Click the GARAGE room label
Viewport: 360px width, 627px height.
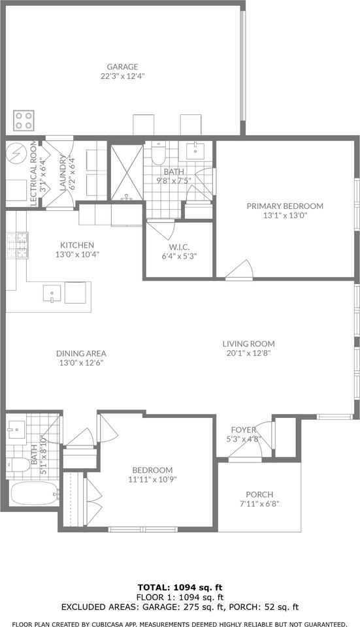pyautogui.click(x=123, y=67)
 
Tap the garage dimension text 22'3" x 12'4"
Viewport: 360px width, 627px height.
pyautogui.click(x=123, y=76)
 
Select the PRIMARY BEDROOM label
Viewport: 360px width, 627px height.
pyautogui.click(x=285, y=206)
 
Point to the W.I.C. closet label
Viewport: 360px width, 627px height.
pyautogui.click(x=178, y=246)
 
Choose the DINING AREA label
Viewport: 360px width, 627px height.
pyautogui.click(x=80, y=353)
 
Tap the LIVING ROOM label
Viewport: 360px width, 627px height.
pyautogui.click(x=248, y=344)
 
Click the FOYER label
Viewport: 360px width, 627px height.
pyautogui.click(x=243, y=430)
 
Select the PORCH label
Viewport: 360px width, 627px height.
pyautogui.click(x=259, y=494)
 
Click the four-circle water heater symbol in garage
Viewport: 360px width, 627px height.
pyautogui.click(x=24, y=120)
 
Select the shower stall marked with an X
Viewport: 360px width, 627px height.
pyautogui.click(x=125, y=172)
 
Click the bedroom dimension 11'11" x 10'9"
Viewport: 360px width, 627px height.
pyautogui.click(x=152, y=479)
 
